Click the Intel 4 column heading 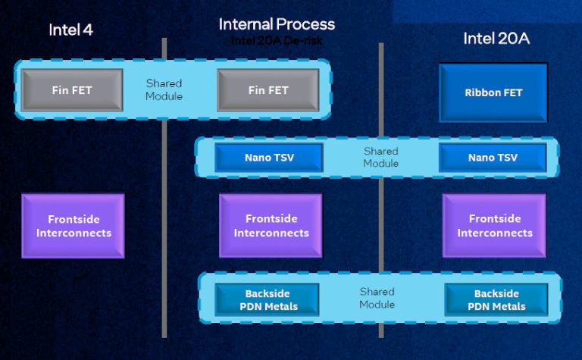[76, 30]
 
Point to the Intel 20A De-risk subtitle [276, 40]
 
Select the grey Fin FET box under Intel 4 [72, 90]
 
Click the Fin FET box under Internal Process [268, 90]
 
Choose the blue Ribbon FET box [493, 93]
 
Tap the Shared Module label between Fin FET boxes [164, 89]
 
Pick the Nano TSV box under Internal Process [268, 158]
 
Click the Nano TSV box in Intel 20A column [493, 158]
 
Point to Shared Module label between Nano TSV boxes [380, 157]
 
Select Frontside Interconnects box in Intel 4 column [73, 226]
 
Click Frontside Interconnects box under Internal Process [271, 226]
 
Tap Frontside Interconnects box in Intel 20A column [494, 226]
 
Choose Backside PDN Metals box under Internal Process [271, 300]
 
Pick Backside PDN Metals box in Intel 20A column [496, 300]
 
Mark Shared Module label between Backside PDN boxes [377, 298]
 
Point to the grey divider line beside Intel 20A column [380, 227]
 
